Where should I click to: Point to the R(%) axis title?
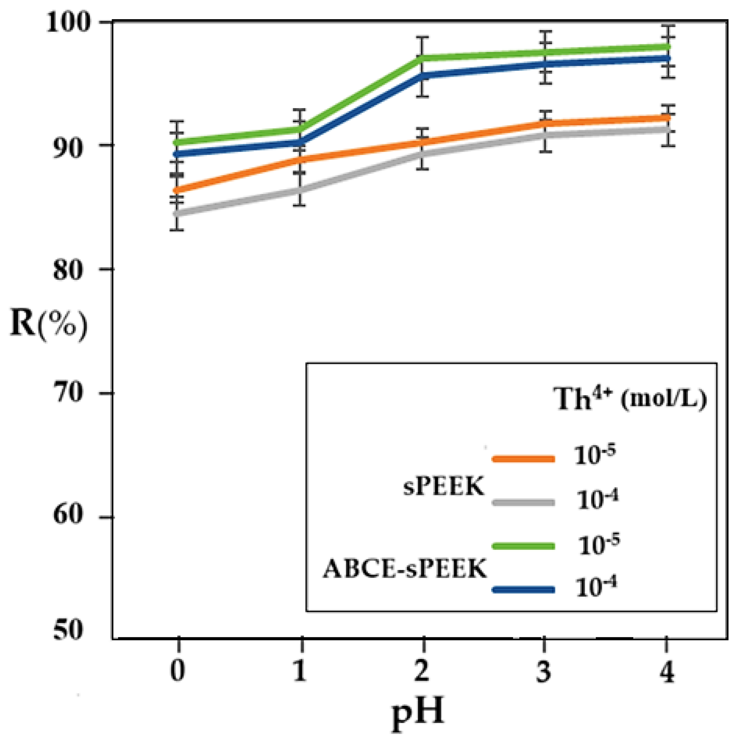[48, 325]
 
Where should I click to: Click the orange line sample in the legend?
[523, 459]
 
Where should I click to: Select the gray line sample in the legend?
[523, 502]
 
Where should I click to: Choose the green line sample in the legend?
[523, 546]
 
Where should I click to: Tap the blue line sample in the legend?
[523, 590]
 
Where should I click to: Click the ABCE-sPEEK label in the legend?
[405, 568]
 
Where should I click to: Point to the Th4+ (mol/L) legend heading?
[629, 399]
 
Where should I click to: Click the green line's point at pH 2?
[423, 58]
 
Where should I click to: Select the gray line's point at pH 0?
[178, 213]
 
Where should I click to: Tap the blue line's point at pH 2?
[423, 75]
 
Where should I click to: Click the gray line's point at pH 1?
[301, 190]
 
